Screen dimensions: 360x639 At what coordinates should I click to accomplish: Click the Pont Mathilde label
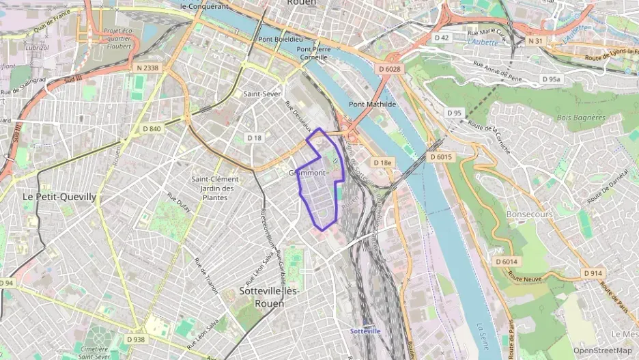point(372,104)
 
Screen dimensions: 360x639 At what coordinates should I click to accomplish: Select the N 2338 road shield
point(147,68)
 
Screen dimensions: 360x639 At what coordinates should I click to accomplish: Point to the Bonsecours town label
point(530,214)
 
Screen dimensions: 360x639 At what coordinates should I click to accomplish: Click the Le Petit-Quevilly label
point(59,196)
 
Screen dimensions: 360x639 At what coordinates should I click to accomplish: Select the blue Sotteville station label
point(365,331)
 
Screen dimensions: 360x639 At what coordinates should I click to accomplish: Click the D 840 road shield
point(152,128)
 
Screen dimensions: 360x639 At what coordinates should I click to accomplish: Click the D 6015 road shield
point(441,157)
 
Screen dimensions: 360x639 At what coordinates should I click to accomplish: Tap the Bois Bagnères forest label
point(580,117)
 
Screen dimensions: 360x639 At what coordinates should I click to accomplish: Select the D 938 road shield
point(136,339)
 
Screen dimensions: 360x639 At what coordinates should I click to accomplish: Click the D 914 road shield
point(593,273)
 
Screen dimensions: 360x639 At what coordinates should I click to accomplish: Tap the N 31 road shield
point(535,41)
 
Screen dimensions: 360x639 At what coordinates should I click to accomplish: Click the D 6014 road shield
point(507,262)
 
